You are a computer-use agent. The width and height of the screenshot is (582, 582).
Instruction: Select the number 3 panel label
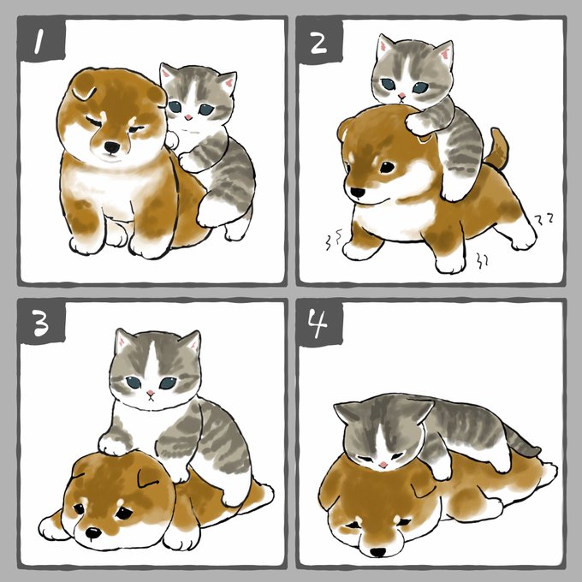pyautogui.click(x=41, y=322)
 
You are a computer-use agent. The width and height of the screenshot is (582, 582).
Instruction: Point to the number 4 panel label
pyautogui.click(x=319, y=324)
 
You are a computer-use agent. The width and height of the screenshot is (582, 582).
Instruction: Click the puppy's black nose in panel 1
pyautogui.click(x=112, y=147)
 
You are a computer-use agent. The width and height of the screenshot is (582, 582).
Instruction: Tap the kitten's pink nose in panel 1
pyautogui.click(x=188, y=117)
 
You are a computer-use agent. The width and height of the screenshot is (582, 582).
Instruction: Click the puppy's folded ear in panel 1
pyautogui.click(x=86, y=90)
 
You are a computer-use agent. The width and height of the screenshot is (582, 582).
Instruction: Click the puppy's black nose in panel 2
pyautogui.click(x=358, y=193)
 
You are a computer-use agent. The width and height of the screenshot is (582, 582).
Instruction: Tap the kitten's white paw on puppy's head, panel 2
pyautogui.click(x=417, y=124)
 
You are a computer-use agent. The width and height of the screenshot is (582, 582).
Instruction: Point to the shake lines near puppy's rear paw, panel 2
pyautogui.click(x=483, y=261)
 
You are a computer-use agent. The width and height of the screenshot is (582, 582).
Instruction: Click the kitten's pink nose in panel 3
pyautogui.click(x=151, y=393)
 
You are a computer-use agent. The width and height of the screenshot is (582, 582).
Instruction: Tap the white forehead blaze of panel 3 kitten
pyautogui.click(x=151, y=362)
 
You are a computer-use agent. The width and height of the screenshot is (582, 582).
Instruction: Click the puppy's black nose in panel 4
pyautogui.click(x=378, y=552)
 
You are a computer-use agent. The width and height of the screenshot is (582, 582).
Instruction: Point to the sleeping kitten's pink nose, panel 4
pyautogui.click(x=383, y=465)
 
